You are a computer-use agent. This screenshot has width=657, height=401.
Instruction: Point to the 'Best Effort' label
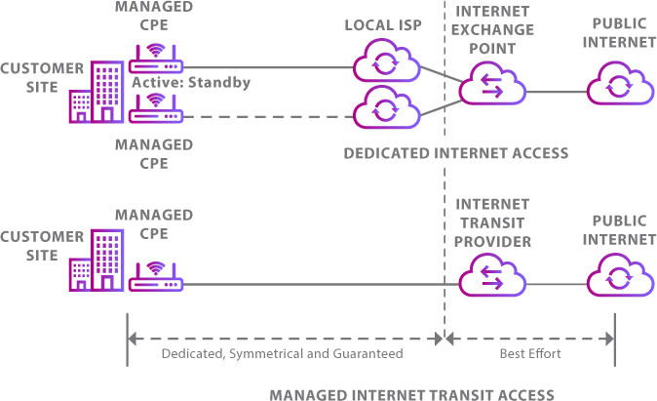tap(529, 353)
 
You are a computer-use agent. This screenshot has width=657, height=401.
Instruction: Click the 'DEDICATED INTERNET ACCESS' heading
tap(455, 153)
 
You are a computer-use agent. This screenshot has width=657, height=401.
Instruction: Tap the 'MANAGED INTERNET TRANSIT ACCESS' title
tap(411, 394)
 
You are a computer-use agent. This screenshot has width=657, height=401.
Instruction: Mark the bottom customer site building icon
tap(97, 261)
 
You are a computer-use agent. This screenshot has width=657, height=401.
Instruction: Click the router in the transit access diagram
tap(156, 279)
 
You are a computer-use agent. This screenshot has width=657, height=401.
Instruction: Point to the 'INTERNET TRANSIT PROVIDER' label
tap(492, 222)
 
